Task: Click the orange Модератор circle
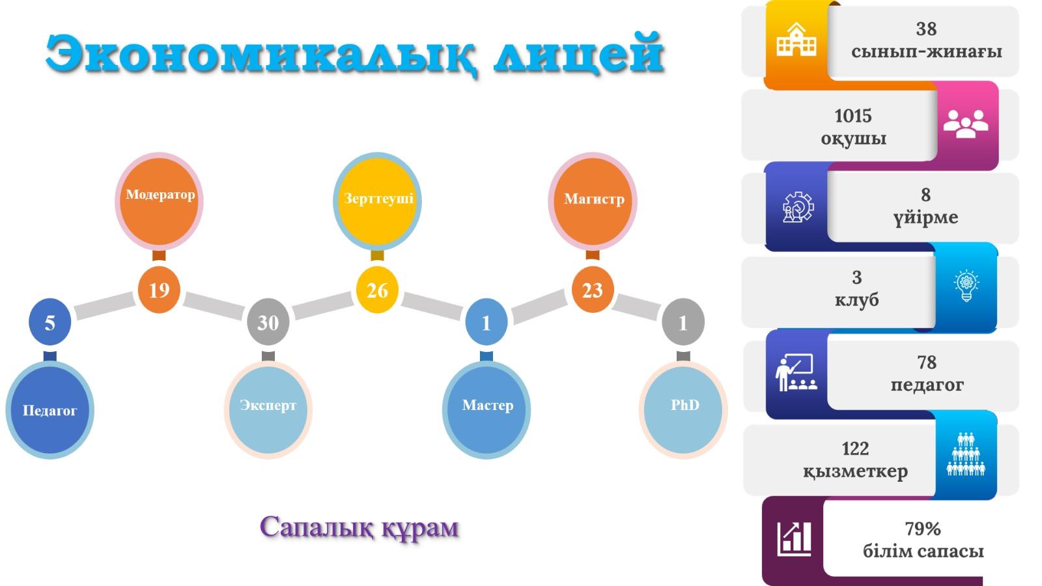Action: coord(159,201)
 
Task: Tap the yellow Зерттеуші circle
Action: coord(377,201)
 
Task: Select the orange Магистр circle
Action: coord(593,201)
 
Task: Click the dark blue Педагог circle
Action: coord(49,410)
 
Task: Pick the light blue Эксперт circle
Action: coord(268,410)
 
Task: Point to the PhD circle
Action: coord(683,410)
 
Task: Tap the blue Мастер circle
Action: coord(486,410)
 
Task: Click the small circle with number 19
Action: coord(159,290)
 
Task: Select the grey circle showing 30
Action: coord(268,322)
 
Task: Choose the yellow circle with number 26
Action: coord(377,290)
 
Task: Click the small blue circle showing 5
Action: coord(49,322)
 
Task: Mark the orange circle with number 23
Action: coord(593,290)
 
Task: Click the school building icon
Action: coord(796,40)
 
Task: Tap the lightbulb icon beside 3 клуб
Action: coord(966,286)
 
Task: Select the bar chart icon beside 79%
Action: coord(795,539)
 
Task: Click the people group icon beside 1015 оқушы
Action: coord(966,124)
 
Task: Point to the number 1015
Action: coord(852,116)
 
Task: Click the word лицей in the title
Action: coord(578,53)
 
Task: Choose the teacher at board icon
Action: coord(796,372)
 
